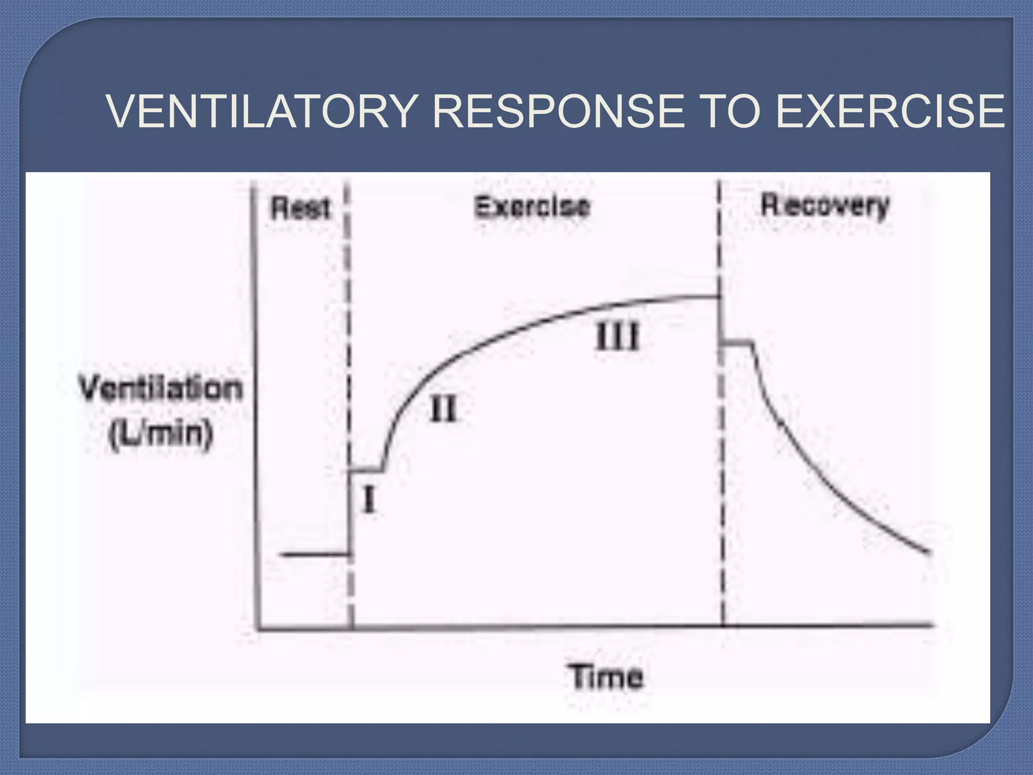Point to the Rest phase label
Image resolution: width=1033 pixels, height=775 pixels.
pyautogui.click(x=301, y=208)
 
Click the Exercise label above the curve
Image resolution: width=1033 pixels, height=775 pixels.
pyautogui.click(x=532, y=207)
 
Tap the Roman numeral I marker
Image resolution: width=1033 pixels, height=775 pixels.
pyautogui.click(x=369, y=501)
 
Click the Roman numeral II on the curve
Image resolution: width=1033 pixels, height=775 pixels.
pyautogui.click(x=443, y=409)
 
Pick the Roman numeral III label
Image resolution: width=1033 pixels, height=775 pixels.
pyautogui.click(x=617, y=337)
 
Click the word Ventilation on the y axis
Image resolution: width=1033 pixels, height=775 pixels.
pyautogui.click(x=161, y=389)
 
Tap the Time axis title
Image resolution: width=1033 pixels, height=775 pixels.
pyautogui.click(x=607, y=677)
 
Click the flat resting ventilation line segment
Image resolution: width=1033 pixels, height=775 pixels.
pyautogui.click(x=315, y=555)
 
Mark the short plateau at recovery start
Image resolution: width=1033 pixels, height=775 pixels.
pyautogui.click(x=737, y=343)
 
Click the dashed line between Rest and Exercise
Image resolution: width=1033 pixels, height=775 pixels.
pyautogui.click(x=349, y=353)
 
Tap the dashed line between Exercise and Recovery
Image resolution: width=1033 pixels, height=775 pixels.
pyautogui.click(x=721, y=454)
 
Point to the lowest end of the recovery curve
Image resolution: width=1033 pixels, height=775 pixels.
pyautogui.click(x=927, y=552)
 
